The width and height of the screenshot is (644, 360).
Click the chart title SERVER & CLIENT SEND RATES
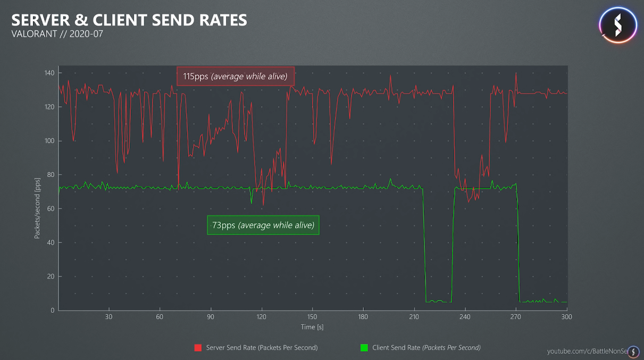[x=129, y=20]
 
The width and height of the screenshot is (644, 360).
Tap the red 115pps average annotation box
[x=236, y=77]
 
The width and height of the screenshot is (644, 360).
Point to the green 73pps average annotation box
[x=263, y=225]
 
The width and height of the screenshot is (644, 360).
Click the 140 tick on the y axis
[x=49, y=73]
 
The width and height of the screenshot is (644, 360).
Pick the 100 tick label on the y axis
[x=49, y=141]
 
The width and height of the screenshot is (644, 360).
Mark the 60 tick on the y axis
[x=51, y=209]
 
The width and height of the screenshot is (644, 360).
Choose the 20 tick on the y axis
[x=51, y=277]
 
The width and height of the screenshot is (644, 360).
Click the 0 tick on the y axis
[x=52, y=311]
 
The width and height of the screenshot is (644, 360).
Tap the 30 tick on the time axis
[x=109, y=317]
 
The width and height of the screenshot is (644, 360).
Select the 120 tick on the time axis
[x=261, y=317]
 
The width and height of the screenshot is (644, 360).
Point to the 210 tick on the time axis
[x=414, y=317]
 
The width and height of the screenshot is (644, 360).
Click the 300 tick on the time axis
[x=566, y=317]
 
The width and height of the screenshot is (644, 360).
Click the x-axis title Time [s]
[x=312, y=327]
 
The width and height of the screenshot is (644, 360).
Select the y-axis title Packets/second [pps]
[x=37, y=208]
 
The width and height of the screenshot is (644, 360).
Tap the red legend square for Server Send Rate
[x=198, y=348]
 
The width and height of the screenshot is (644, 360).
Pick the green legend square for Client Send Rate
[x=364, y=348]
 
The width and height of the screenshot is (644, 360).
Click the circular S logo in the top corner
[x=618, y=25]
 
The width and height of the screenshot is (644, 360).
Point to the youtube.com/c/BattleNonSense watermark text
[x=587, y=351]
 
